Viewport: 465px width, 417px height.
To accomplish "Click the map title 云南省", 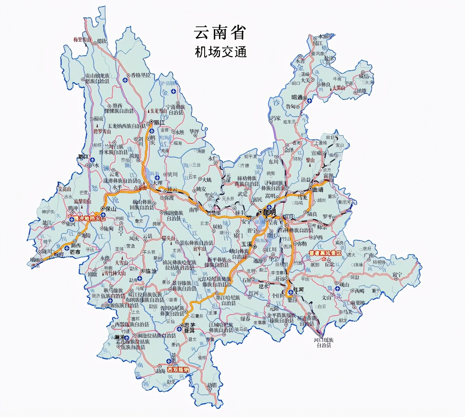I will [x=220, y=33].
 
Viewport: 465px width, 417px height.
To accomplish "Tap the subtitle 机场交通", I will [x=221, y=52].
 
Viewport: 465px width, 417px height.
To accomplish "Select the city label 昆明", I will [x=269, y=212].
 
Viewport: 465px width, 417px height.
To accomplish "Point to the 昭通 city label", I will [x=297, y=97].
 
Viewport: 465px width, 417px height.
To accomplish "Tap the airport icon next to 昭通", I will [x=309, y=101].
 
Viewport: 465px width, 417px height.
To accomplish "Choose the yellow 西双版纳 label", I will [x=178, y=370].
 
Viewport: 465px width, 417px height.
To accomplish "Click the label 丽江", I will [x=159, y=122].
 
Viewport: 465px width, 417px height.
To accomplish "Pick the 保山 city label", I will [x=111, y=209].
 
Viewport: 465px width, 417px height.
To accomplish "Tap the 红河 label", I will [x=299, y=290].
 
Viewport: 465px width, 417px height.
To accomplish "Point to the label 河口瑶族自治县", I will [x=322, y=342].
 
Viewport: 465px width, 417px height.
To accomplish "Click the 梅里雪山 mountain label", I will [x=82, y=40].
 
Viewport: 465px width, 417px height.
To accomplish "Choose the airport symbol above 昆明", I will [x=269, y=206].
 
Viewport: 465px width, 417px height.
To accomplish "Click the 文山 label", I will [x=327, y=298].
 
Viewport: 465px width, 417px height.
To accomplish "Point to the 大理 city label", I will [x=157, y=183].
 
